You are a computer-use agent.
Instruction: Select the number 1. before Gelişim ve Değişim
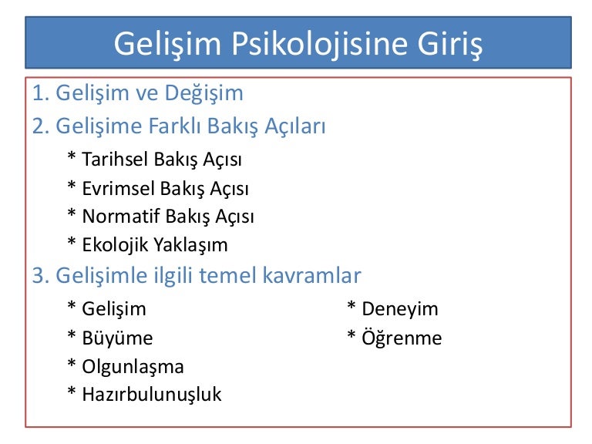pos(41,92)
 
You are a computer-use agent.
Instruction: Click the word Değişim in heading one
pos(203,93)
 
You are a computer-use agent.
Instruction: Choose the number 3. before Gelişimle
pos(41,275)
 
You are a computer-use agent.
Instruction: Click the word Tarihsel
pos(115,159)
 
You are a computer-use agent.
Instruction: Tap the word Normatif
pos(121,217)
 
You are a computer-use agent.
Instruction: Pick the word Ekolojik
pos(115,245)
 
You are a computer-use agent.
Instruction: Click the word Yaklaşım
pos(191,246)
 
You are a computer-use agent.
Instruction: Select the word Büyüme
pos(117,337)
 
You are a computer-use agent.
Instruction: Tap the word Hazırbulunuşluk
pos(152,395)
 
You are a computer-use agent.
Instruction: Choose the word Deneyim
pos(400,310)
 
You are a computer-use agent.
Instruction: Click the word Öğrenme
pos(402,338)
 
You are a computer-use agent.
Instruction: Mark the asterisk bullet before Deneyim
pos(351,305)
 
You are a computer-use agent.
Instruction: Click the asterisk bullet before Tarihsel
pos(72,155)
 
